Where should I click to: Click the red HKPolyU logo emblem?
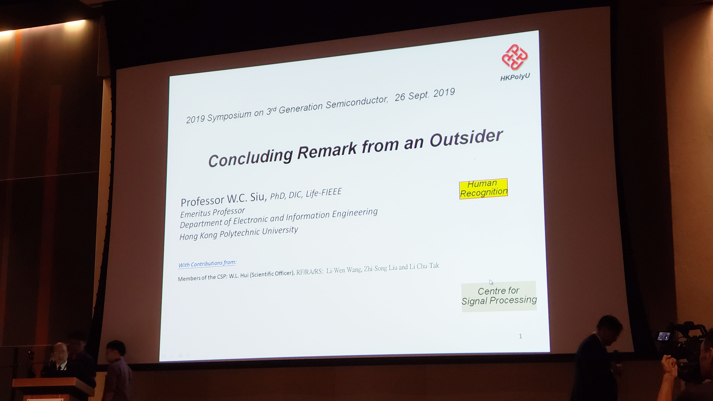tap(515, 57)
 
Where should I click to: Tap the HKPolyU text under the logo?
tap(515, 77)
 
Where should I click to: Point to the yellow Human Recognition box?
tap(483, 188)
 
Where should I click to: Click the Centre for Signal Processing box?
tap(499, 296)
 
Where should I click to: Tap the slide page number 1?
tap(520, 336)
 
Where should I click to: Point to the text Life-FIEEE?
tap(324, 192)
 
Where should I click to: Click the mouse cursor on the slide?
tap(491, 282)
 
